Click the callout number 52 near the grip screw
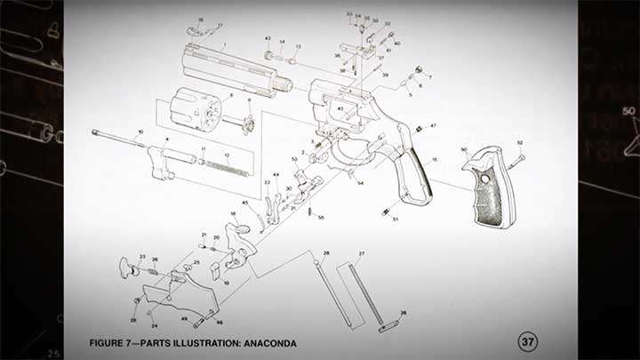(x=520, y=143)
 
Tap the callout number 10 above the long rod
(x=140, y=132)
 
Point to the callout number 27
(x=362, y=254)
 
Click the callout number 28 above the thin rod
(x=326, y=253)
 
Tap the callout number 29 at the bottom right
(x=403, y=313)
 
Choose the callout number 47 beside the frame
(x=434, y=126)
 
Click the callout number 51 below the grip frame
(x=396, y=218)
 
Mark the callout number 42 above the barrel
(x=268, y=39)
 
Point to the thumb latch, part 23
(x=125, y=265)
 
